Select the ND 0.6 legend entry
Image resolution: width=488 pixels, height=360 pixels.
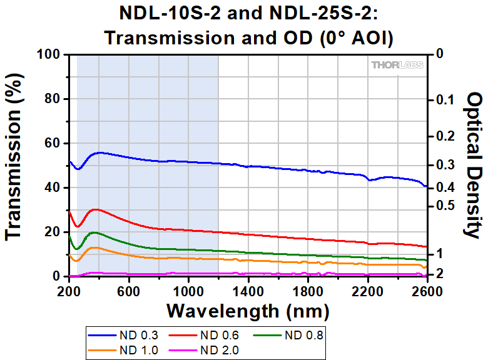tap(222, 336)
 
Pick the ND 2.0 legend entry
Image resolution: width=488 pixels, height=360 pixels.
tap(222, 350)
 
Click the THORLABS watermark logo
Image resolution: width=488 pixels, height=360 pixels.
tap(397, 65)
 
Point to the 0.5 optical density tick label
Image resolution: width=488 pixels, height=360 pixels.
tap(445, 206)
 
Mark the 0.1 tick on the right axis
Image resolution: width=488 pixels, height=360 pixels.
tap(445, 100)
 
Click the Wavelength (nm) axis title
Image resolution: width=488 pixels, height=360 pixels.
tap(247, 310)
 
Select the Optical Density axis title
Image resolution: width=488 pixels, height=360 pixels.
tap(474, 165)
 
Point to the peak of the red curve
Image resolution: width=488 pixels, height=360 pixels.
tap(94, 209)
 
